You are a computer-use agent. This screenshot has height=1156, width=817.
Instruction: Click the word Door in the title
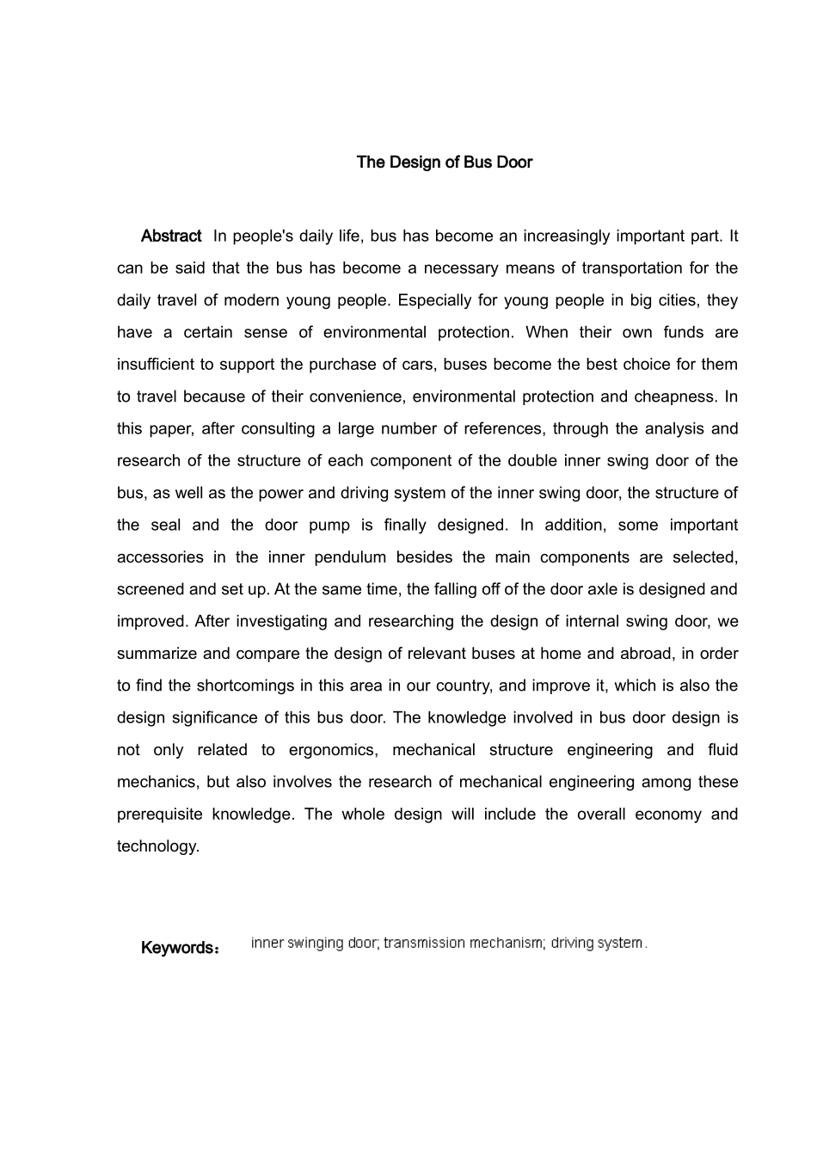[x=513, y=162]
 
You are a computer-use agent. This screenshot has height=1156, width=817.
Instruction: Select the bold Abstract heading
[x=171, y=236]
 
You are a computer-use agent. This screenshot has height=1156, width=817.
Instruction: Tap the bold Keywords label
[x=179, y=948]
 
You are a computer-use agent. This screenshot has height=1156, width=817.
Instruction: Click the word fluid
[x=722, y=749]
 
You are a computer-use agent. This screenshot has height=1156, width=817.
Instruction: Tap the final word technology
[x=157, y=845]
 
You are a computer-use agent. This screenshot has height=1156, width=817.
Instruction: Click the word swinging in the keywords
[x=316, y=943]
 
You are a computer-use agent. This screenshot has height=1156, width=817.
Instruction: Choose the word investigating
[x=279, y=621]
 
